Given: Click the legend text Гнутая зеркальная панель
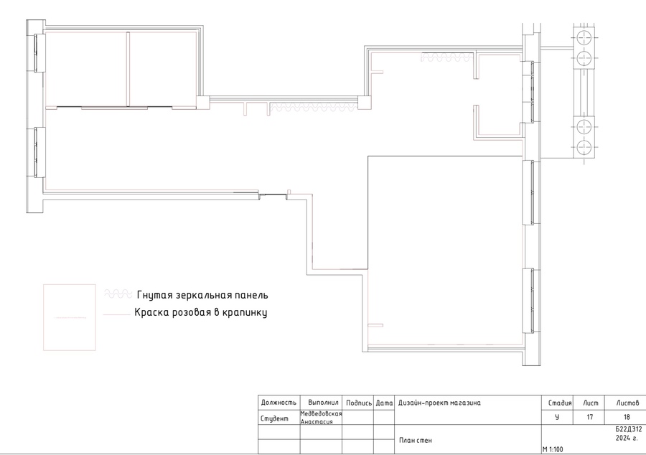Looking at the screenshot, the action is coord(202,295).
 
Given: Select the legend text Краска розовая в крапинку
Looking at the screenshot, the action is coord(201,312).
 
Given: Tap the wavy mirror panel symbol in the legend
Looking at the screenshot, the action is coord(118,294).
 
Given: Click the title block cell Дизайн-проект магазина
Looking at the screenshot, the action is coord(439,403).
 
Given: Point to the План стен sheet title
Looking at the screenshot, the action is coord(416,440).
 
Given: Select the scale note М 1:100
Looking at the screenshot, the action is coord(553,449).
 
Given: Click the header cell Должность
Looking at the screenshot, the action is coord(278,403).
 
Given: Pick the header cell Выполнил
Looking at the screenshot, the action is coord(323,403).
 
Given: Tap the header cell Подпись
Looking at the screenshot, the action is coord(358,403).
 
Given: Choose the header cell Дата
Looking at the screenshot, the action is coord(384,403).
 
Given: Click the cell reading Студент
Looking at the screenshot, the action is coord(274,419).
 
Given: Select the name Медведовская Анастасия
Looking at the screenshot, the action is coord(321,418).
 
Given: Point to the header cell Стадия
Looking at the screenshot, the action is coord(559,403).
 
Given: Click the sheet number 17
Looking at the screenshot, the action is coord(589,417).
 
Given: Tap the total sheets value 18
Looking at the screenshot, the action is coord(627,417).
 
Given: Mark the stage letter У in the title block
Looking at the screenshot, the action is coord(557,417).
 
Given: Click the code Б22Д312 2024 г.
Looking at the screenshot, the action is coord(628,433).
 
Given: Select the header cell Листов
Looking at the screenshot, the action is coord(627,403).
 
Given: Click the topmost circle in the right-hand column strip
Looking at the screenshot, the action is coord(584,38).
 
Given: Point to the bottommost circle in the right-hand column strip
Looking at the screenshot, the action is coord(584,147).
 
